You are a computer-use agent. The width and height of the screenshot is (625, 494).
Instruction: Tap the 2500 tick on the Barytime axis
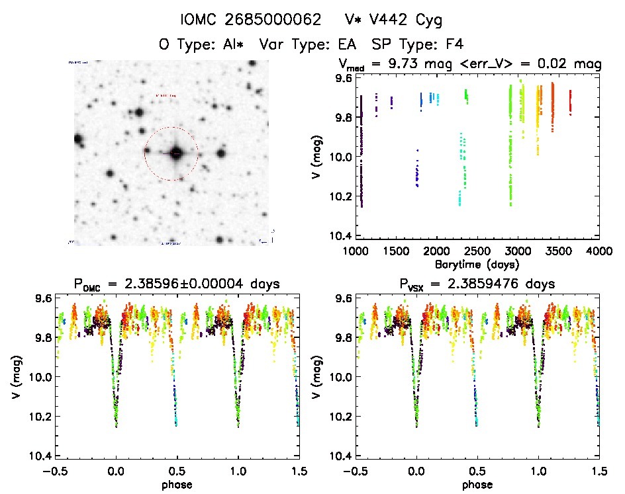pyautogui.click(x=477, y=252)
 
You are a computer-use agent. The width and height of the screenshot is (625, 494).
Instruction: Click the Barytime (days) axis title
pyautogui.click(x=477, y=264)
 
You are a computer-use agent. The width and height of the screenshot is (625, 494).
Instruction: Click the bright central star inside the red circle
pyautogui.click(x=175, y=153)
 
